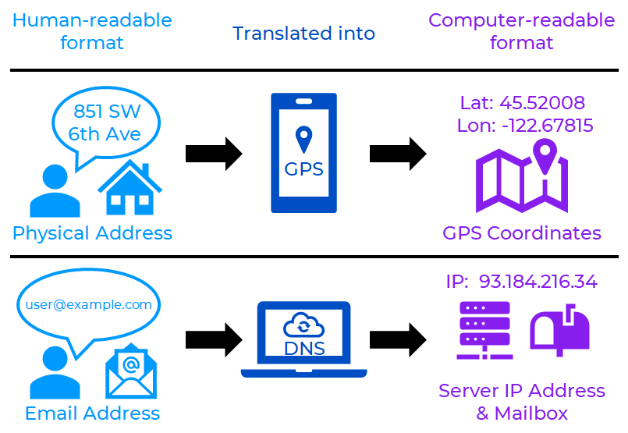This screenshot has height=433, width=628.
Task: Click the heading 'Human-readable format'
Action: pos(92,31)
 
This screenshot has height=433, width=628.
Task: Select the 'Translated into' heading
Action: pos(303,34)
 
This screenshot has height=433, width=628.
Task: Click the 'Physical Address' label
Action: pos(92,232)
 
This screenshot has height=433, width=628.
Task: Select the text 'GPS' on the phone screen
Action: pos(303,169)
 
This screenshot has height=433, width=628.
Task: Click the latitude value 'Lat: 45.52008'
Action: pos(523,103)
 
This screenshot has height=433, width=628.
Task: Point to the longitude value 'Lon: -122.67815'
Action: pos(525,126)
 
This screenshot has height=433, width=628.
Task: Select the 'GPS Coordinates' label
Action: pos(522,232)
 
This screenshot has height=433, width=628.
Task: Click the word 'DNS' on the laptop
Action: pos(303,349)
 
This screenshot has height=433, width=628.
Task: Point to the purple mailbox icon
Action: pos(559,330)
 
